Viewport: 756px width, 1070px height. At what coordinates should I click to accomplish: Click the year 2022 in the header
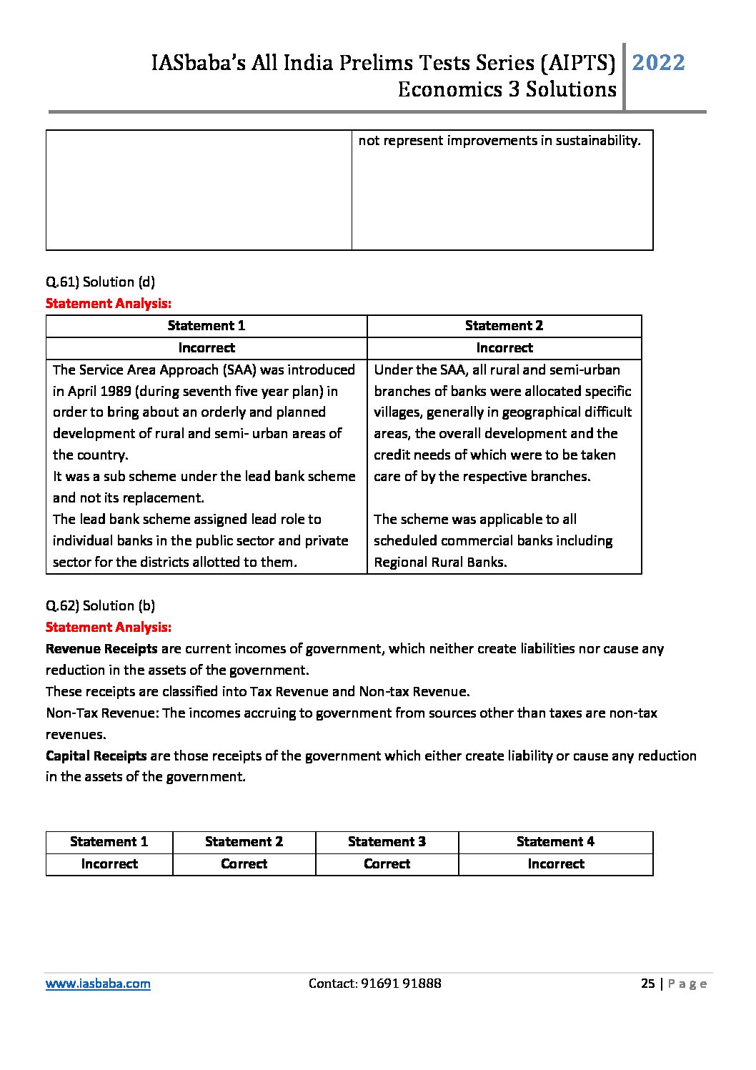tap(658, 63)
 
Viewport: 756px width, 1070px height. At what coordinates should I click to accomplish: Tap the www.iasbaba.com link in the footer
tap(98, 984)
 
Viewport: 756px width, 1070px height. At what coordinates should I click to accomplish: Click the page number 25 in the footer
tap(647, 984)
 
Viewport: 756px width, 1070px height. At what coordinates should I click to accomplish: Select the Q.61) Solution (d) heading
tap(100, 282)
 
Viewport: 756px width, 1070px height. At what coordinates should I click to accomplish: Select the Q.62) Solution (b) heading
tap(100, 605)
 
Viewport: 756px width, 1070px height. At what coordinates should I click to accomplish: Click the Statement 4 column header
tap(555, 842)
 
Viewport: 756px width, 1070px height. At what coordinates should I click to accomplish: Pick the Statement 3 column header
tap(387, 842)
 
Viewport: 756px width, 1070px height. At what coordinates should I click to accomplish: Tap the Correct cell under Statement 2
tap(244, 864)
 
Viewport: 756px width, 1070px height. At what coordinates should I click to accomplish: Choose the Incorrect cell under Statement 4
tap(555, 864)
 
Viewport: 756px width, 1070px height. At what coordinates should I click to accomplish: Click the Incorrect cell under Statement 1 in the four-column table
tap(109, 864)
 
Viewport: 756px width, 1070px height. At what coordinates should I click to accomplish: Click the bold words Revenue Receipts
tap(101, 649)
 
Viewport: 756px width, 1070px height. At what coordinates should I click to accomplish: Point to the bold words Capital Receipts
tap(96, 756)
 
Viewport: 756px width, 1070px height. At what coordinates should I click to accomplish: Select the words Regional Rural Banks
tap(440, 563)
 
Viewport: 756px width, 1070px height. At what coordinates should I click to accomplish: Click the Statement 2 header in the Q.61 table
tap(504, 326)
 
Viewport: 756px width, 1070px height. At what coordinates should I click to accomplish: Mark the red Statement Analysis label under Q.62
tap(109, 628)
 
